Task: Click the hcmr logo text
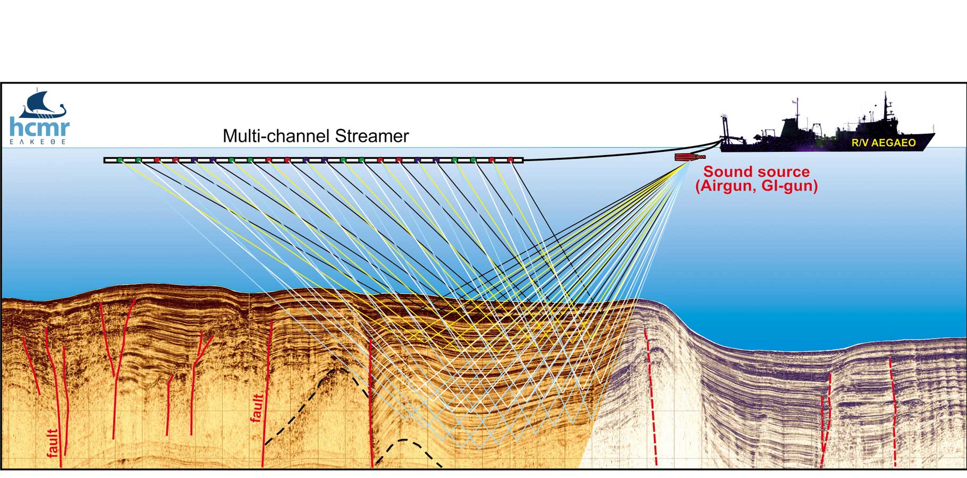40,128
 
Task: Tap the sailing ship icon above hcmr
44,105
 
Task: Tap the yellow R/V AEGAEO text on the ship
884,143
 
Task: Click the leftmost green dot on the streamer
120,160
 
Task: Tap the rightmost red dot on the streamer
511,160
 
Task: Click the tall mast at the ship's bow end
885,106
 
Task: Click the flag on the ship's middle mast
795,101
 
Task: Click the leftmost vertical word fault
53,443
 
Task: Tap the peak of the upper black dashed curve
335,369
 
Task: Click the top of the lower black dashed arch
404,440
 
